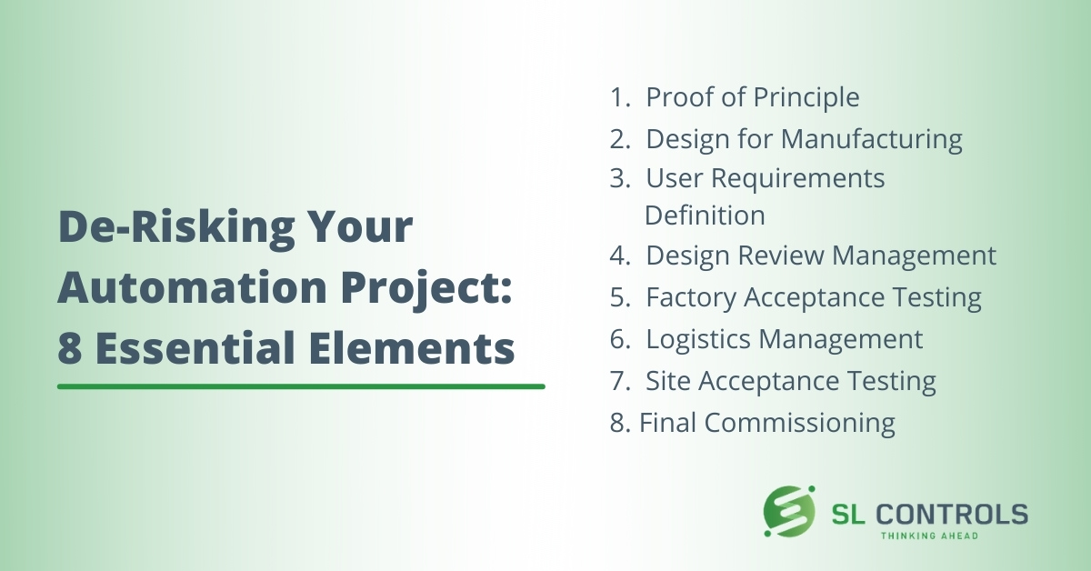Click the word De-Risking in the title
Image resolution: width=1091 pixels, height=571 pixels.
176,228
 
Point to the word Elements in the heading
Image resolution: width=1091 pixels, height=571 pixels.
412,347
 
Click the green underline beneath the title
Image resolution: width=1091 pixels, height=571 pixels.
301,386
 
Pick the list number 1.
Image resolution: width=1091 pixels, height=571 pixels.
620,97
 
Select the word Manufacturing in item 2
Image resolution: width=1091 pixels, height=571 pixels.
872,140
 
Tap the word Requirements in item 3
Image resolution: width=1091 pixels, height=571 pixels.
798,179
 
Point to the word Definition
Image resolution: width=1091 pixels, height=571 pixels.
705,215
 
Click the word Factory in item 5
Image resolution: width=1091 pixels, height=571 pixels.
691,298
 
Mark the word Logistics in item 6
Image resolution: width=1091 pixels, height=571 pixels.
698,340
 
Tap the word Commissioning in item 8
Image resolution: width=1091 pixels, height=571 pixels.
800,424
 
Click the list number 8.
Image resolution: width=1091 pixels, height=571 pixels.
620,423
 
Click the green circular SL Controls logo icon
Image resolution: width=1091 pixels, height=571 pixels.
789,512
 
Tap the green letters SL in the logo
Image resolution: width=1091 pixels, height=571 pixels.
848,514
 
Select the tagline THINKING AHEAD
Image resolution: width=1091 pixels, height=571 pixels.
929,536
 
